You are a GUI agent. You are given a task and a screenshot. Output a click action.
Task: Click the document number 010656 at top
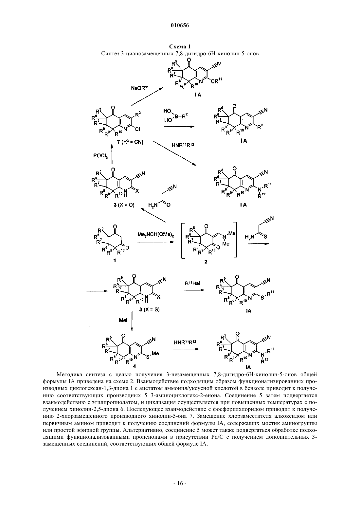pyautogui.click(x=180, y=26)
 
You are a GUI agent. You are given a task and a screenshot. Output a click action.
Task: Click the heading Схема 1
pyautogui.click(x=180, y=46)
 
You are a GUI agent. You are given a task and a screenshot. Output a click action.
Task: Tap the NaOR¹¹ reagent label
pyautogui.click(x=139, y=88)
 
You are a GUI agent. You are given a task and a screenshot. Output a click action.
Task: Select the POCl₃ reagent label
pyautogui.click(x=100, y=156)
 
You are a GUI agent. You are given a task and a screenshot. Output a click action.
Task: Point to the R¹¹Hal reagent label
pyautogui.click(x=192, y=283)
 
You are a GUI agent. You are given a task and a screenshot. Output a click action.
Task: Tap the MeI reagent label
pyautogui.click(x=123, y=320)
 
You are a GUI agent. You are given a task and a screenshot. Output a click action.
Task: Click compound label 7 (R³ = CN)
pyautogui.click(x=130, y=143)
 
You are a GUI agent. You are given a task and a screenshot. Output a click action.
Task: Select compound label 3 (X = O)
pyautogui.click(x=124, y=205)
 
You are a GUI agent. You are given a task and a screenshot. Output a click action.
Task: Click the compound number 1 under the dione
pyautogui.click(x=115, y=261)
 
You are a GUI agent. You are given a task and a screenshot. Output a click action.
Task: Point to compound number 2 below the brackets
pyautogui.click(x=206, y=262)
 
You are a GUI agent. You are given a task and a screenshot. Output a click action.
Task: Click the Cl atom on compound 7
pyautogui.click(x=137, y=129)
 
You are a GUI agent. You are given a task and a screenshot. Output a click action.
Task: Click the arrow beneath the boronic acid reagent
pyautogui.click(x=179, y=127)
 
